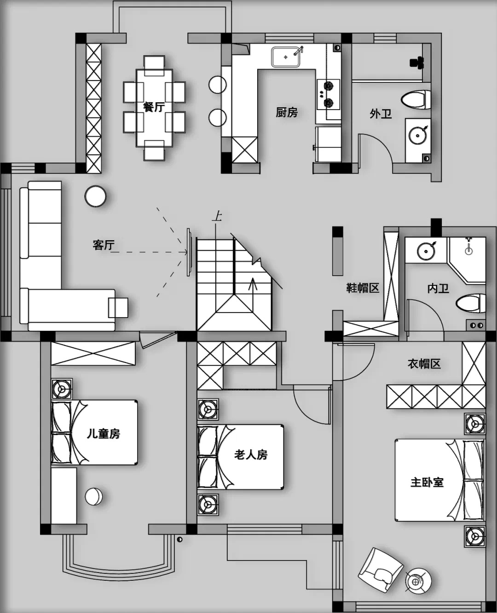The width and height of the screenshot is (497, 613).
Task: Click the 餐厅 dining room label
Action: [x=154, y=107]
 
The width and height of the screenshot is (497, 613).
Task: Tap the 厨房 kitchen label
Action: [x=287, y=112]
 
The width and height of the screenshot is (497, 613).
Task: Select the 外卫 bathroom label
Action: [x=381, y=114]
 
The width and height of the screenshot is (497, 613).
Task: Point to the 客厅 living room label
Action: [x=104, y=245]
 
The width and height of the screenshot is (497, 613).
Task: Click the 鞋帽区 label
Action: [x=363, y=288]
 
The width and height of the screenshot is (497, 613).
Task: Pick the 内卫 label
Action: [x=438, y=289]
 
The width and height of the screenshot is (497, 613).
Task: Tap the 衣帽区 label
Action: [x=424, y=364]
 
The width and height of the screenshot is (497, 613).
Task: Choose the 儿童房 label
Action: [x=104, y=434]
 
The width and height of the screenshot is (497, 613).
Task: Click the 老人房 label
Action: [x=251, y=455]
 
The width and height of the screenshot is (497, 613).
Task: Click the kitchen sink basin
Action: [x=286, y=57]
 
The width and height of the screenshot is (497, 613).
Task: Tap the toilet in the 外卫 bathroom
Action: [x=416, y=100]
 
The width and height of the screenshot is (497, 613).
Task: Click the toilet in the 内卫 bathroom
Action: [x=470, y=303]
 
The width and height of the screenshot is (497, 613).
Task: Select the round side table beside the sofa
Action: [x=95, y=196]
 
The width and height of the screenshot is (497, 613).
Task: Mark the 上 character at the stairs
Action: [x=217, y=216]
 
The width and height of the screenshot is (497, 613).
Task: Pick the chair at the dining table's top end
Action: [x=154, y=65]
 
